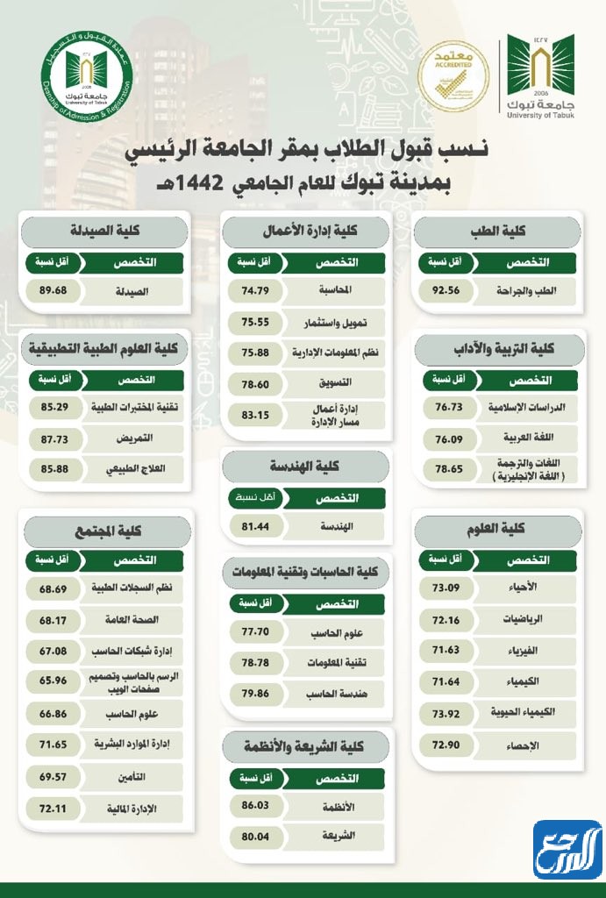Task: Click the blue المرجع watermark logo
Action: point(567,848)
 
